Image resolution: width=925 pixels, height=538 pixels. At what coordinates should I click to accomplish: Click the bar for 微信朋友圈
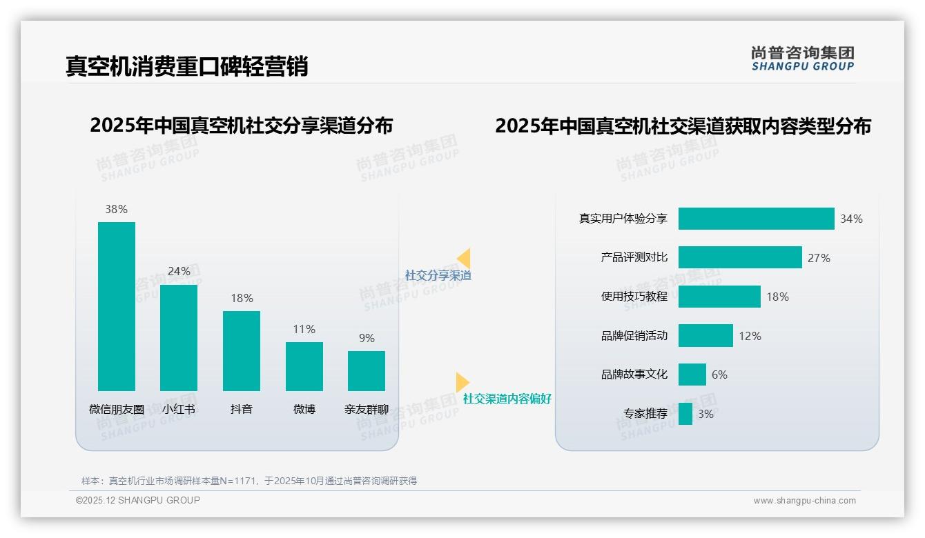coord(117,306)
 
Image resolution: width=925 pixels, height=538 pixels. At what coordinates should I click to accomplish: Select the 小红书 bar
coord(179,338)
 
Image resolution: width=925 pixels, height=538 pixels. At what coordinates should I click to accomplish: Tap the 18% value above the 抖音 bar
coord(242,298)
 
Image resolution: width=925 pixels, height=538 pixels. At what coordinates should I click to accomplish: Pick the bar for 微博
coord(304,366)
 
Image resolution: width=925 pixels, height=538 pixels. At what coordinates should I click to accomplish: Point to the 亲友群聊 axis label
coord(367,409)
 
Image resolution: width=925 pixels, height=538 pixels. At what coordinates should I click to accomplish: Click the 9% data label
coord(367,338)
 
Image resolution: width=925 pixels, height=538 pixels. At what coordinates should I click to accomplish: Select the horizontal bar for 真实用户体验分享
coord(756,219)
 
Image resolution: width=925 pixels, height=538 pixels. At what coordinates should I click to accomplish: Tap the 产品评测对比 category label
coord(634,257)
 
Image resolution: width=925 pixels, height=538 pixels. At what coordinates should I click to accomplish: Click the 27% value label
coord(819,258)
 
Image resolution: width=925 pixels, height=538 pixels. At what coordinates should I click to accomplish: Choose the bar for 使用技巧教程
coord(719,297)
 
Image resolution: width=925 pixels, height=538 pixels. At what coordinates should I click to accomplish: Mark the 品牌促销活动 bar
coord(705,336)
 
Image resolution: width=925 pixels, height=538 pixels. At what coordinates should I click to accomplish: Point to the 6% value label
coord(719,375)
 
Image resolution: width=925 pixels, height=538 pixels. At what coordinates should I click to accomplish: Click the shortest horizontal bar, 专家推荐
coord(685,414)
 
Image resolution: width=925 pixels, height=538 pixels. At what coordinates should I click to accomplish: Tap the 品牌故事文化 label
coord(634,375)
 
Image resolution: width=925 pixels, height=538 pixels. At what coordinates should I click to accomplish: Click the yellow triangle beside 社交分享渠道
coord(464,259)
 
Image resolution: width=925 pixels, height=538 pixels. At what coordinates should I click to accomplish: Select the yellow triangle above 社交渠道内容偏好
coord(462,382)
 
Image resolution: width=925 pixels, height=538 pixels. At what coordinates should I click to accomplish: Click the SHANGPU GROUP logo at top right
coord(803,59)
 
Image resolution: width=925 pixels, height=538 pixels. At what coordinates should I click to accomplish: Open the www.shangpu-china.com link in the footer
coord(804,501)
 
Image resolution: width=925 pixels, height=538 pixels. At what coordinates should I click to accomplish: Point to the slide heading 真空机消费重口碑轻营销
coord(186,66)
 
